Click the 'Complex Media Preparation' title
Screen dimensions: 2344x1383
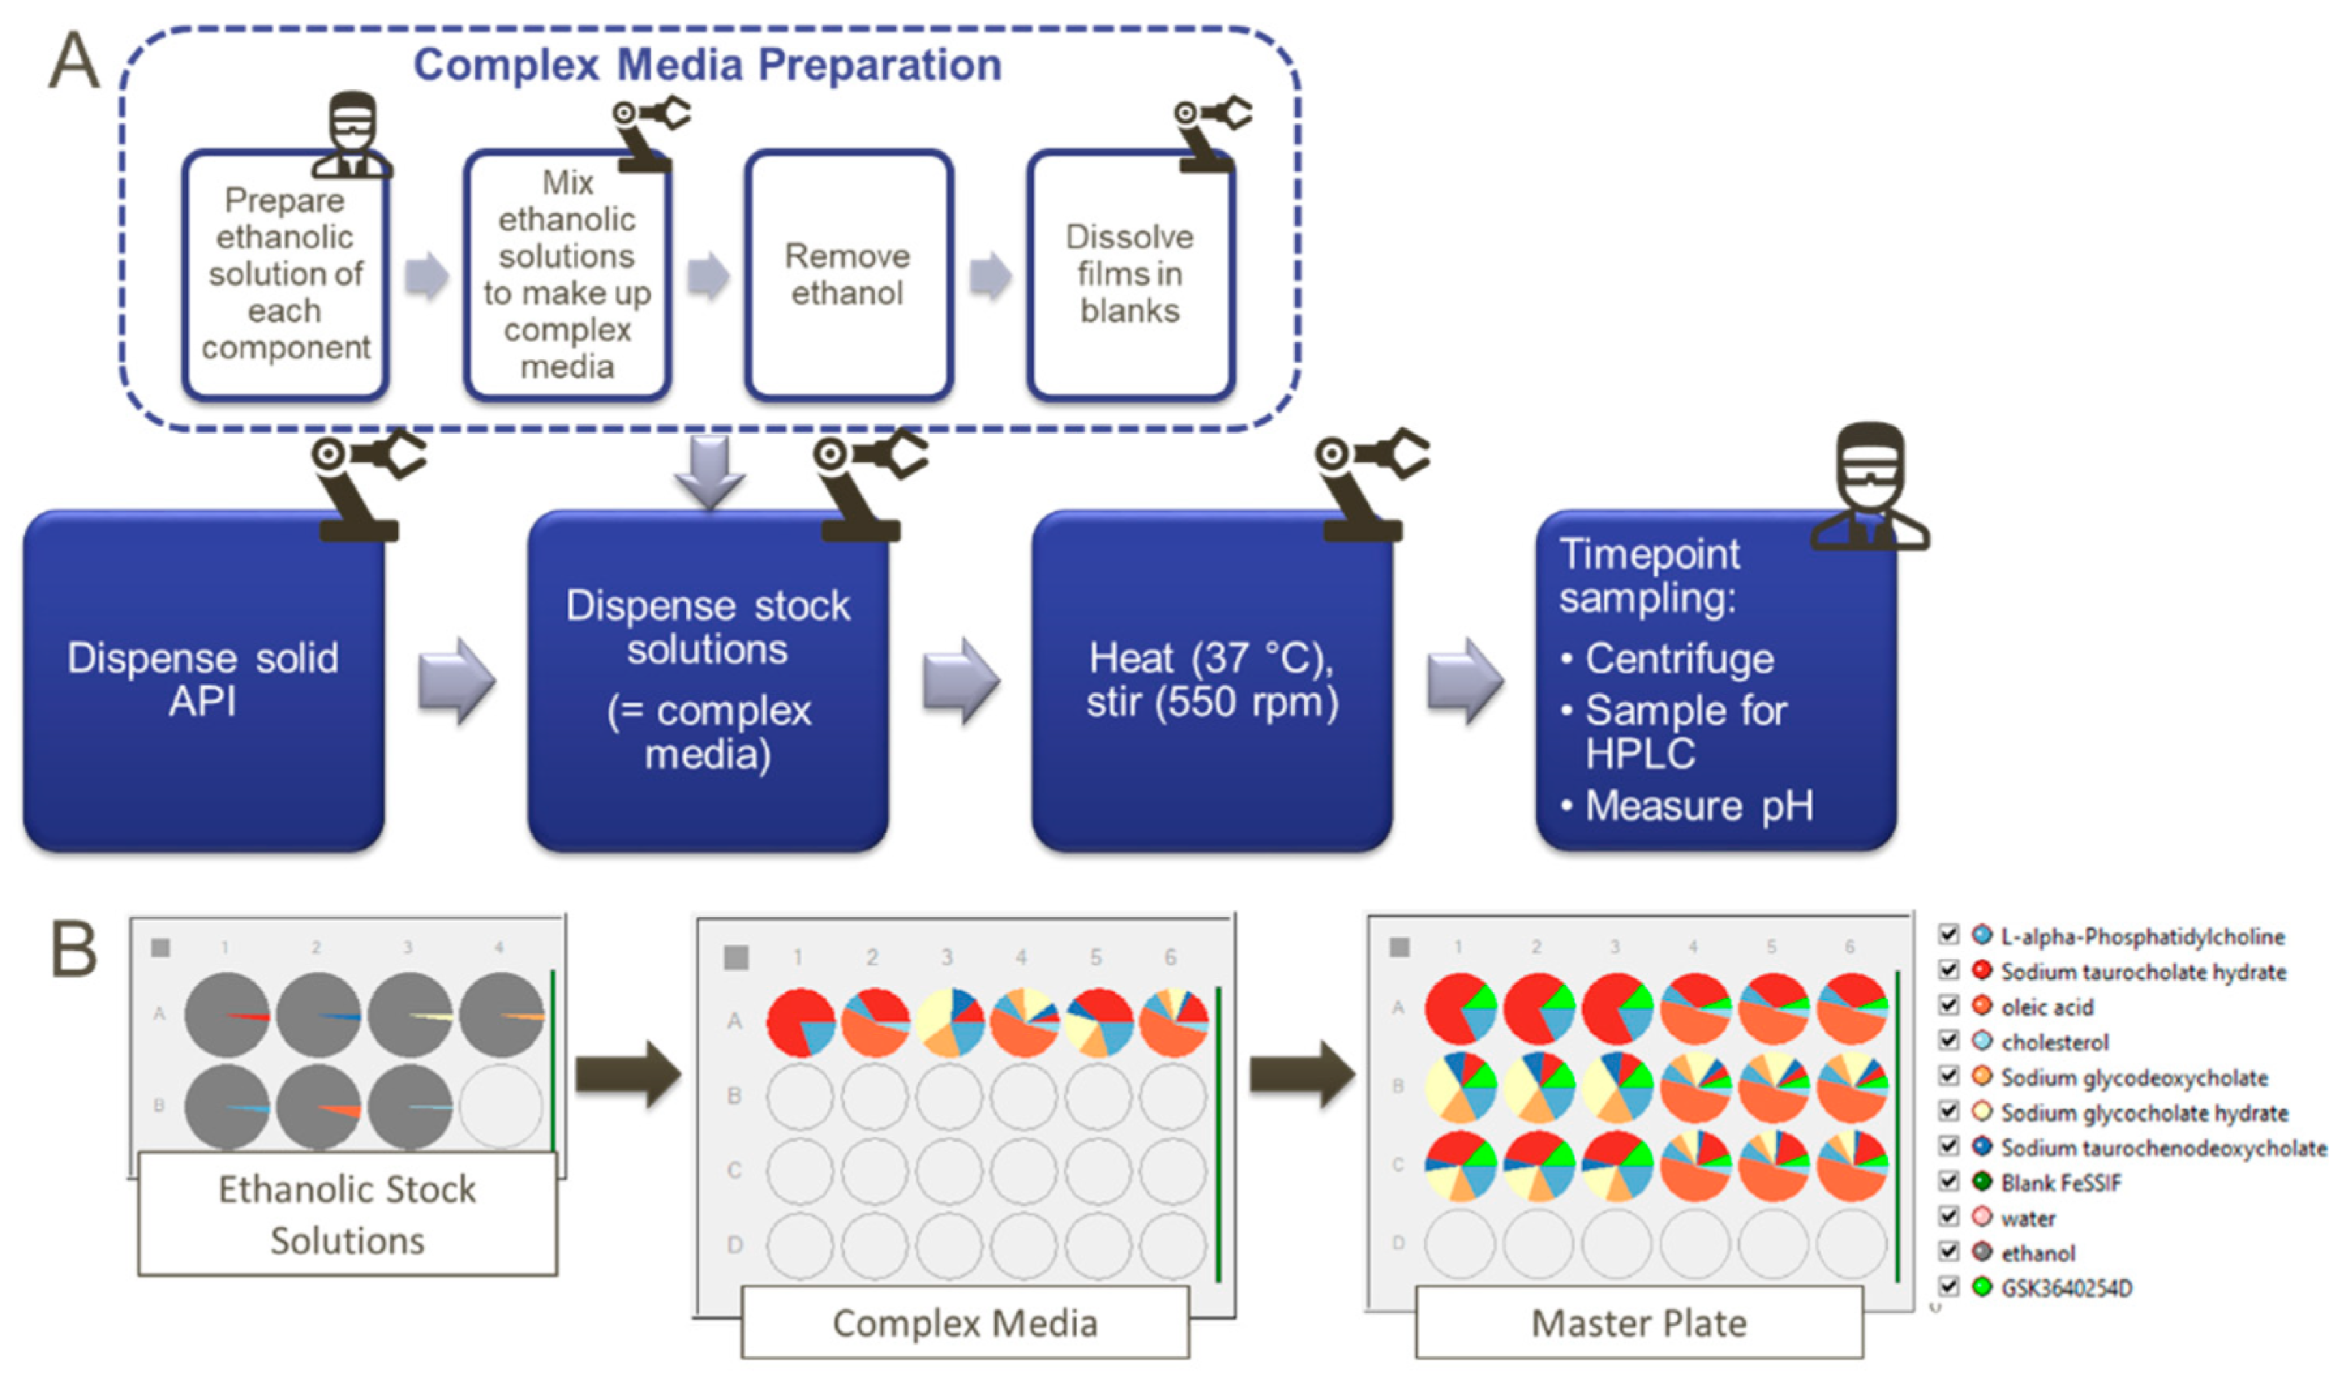tap(707, 65)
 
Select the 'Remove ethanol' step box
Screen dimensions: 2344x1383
tap(849, 275)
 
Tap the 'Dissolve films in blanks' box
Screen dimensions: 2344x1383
tap(1131, 275)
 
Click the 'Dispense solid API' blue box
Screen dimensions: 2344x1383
tap(203, 680)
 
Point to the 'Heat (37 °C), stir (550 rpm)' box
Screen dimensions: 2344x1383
tap(1212, 680)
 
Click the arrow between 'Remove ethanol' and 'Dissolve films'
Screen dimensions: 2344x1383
tap(990, 276)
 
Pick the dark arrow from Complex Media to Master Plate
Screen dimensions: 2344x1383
tap(1302, 1075)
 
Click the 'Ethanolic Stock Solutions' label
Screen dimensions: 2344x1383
tap(347, 1214)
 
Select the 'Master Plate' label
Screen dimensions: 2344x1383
tap(1639, 1322)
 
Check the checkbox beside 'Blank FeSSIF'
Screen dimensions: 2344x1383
tap(1948, 1181)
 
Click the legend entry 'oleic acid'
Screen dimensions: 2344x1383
tap(2047, 1007)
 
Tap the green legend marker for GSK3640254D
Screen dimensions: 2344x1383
tap(1982, 1287)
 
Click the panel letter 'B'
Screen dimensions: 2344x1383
tap(74, 949)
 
